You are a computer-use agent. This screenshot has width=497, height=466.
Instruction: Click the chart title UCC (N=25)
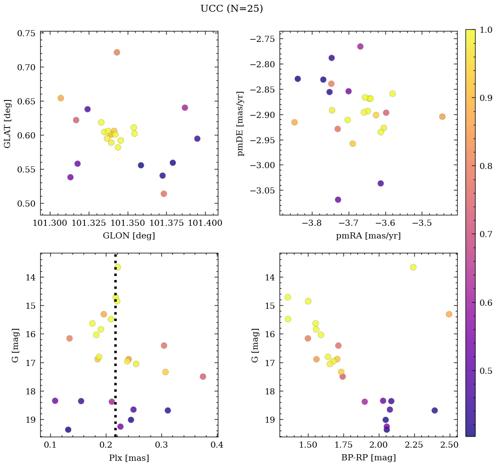(x=231, y=9)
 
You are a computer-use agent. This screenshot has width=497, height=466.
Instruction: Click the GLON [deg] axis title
(x=129, y=236)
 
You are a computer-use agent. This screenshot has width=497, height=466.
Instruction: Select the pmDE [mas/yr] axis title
(x=240, y=123)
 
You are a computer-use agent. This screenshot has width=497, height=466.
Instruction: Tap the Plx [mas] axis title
(x=129, y=458)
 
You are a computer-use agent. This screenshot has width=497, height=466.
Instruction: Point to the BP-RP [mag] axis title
(x=368, y=458)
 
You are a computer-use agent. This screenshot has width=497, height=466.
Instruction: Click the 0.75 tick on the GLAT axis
(x=27, y=33)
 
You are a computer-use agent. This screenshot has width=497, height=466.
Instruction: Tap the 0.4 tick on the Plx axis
(x=217, y=445)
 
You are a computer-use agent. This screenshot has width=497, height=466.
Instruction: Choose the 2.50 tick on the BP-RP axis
(x=450, y=445)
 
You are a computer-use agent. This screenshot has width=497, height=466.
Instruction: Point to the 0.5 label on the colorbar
(x=484, y=371)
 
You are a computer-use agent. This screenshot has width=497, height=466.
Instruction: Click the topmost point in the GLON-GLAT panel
(x=117, y=52)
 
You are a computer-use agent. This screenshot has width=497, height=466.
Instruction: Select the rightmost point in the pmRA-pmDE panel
(x=442, y=117)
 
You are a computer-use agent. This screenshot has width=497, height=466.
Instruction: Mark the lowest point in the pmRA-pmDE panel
(x=338, y=200)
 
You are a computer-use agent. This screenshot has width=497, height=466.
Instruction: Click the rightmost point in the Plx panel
(x=203, y=376)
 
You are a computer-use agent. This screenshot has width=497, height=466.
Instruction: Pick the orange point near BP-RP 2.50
(x=449, y=314)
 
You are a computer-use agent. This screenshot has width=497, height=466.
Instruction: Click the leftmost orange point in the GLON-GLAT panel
(x=61, y=98)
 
